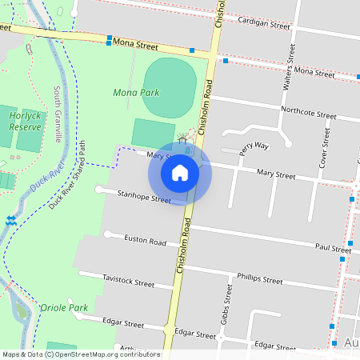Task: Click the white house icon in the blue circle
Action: pos(180,172)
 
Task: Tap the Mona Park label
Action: pos(136,93)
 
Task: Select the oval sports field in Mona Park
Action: pos(170,86)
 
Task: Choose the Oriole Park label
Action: pos(63,307)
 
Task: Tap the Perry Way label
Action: pos(254,146)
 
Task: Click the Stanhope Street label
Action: pos(144,197)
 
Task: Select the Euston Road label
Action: pos(145,242)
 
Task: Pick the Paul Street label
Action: pos(333,249)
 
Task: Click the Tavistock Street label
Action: pos(128,282)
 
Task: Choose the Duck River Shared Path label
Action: pos(67,175)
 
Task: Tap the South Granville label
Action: pos(58,114)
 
